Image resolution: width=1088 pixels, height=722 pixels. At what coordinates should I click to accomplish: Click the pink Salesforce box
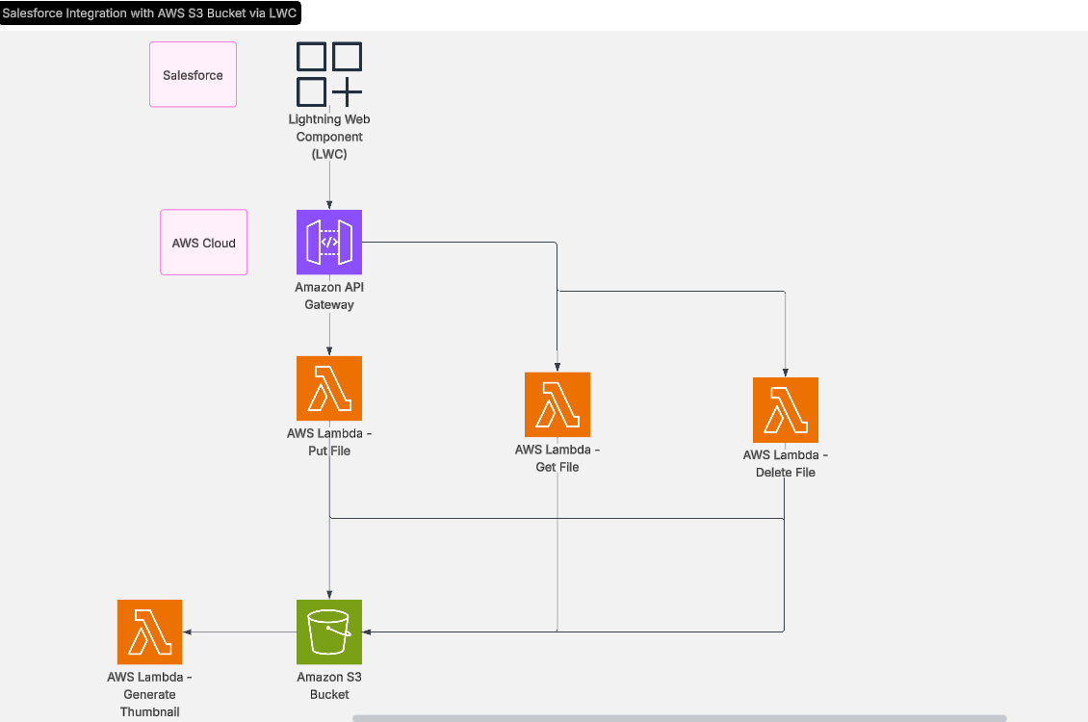[193, 74]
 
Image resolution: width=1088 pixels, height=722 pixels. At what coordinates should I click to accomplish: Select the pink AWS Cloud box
[203, 243]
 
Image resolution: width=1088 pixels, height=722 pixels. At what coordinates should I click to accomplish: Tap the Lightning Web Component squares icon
[329, 74]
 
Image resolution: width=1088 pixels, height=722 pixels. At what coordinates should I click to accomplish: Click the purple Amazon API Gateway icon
[329, 243]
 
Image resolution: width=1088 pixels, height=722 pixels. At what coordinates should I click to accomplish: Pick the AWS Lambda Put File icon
[329, 389]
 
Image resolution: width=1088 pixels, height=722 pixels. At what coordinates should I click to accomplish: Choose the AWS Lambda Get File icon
[557, 404]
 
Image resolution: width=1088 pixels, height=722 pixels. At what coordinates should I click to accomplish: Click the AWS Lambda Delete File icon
[786, 410]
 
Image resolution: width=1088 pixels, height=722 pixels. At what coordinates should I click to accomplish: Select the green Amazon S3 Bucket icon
[329, 632]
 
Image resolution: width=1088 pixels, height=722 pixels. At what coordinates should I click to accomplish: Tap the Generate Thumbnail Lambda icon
[149, 632]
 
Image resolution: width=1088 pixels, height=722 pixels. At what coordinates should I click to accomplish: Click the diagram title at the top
[150, 13]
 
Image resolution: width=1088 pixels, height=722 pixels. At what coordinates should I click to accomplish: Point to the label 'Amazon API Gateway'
[329, 297]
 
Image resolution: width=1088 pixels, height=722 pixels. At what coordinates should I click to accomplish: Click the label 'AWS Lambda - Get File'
[557, 458]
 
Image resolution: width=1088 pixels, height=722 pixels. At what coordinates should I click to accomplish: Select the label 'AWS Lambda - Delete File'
[786, 464]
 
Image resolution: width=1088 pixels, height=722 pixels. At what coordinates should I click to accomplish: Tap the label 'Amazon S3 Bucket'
[329, 685]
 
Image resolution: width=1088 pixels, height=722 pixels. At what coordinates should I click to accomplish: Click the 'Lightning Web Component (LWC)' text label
[329, 137]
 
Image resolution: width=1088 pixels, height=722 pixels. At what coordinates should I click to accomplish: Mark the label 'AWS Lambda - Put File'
[329, 442]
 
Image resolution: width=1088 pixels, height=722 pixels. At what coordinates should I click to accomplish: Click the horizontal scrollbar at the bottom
[679, 718]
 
